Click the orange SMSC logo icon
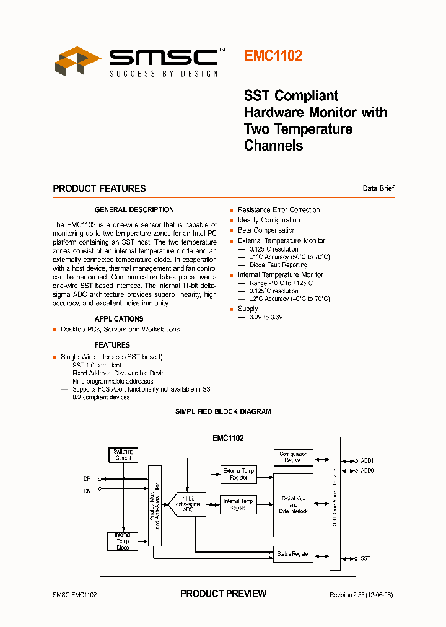(x=77, y=61)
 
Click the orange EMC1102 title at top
(x=273, y=56)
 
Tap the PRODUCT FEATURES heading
(x=99, y=188)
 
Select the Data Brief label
(x=378, y=188)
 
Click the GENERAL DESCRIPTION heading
(x=134, y=209)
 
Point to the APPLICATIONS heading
(x=119, y=319)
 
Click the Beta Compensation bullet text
(x=266, y=230)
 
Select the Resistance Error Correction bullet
(x=279, y=209)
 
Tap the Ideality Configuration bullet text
(x=269, y=220)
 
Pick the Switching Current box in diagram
(x=123, y=455)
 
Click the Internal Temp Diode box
(x=123, y=541)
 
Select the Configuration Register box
(x=293, y=457)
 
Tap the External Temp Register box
(x=238, y=475)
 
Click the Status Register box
(x=293, y=554)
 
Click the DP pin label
(x=87, y=479)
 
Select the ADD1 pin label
(x=367, y=461)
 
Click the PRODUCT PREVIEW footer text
(x=223, y=594)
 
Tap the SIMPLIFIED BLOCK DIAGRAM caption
(x=223, y=411)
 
